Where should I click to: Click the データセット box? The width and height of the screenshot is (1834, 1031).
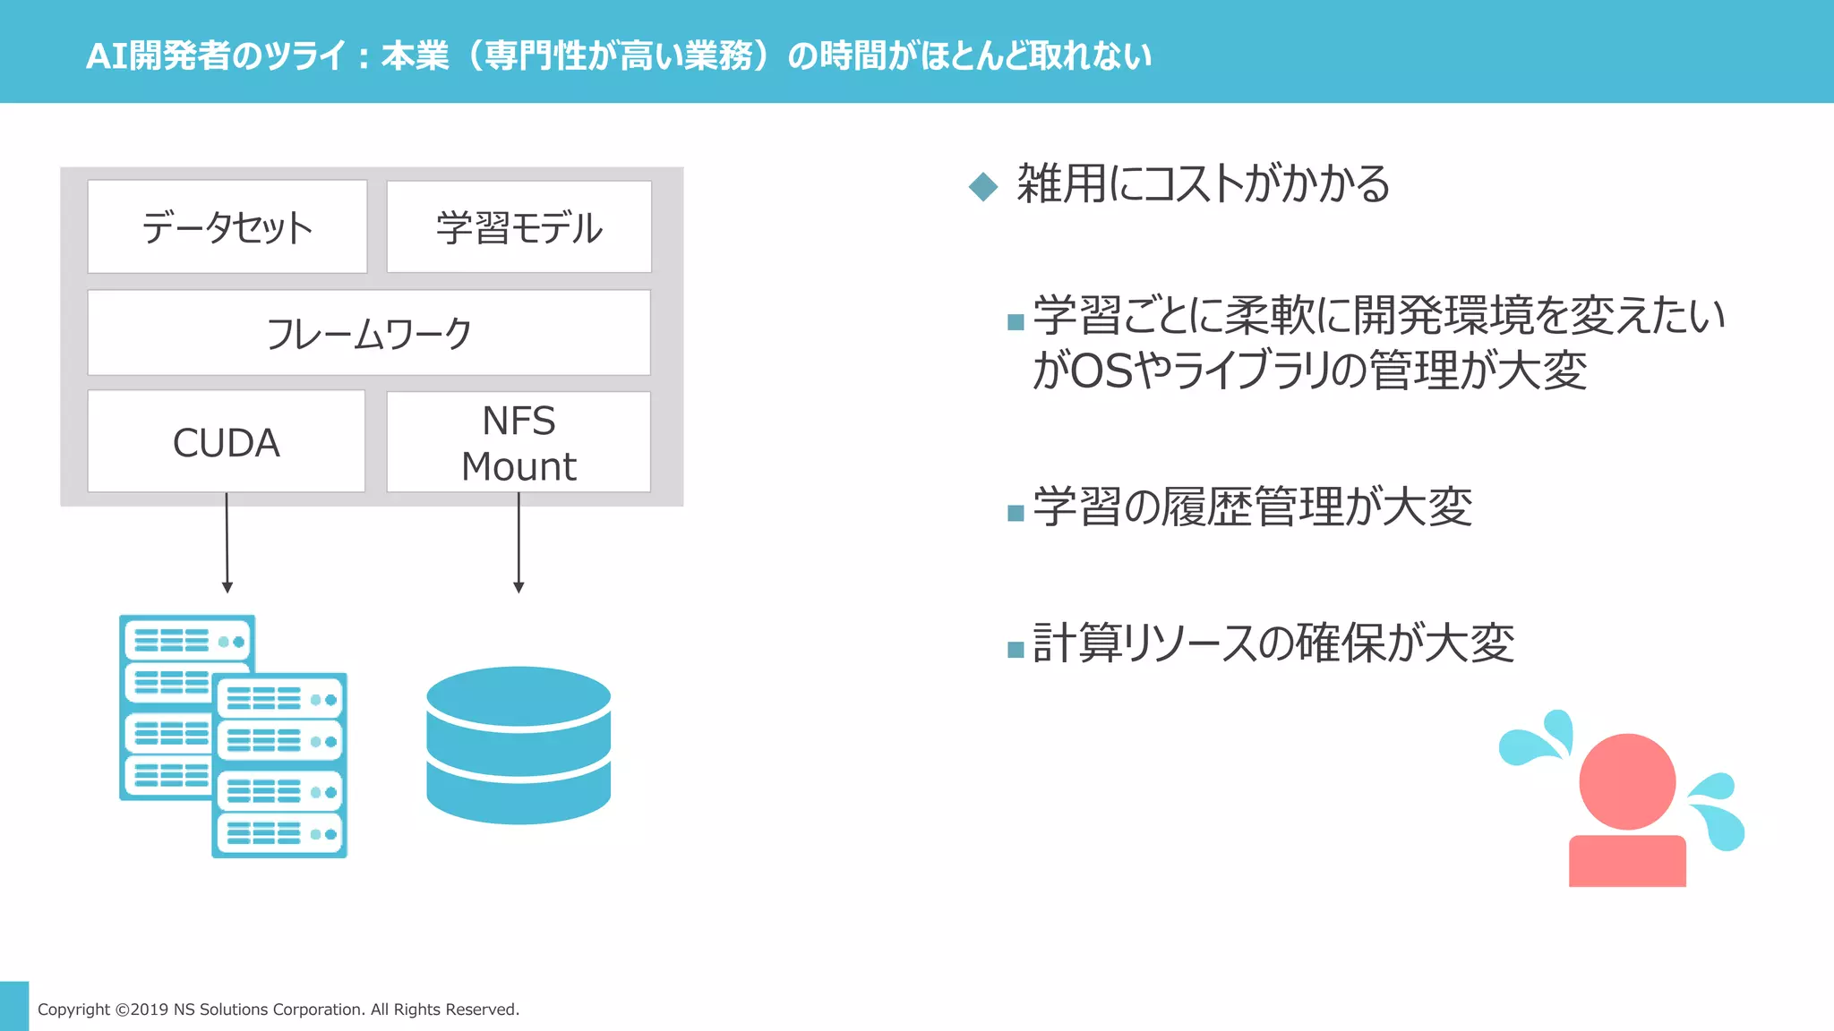tap(227, 227)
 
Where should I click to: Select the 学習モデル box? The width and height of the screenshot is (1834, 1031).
tap(519, 227)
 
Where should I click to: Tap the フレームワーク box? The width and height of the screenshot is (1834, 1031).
tap(369, 333)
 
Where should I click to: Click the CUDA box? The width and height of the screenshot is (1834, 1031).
tap(227, 442)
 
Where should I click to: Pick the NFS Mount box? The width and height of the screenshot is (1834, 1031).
tap(518, 442)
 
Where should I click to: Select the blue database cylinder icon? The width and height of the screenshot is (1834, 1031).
tap(518, 745)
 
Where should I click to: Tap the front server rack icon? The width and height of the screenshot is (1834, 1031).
tap(279, 766)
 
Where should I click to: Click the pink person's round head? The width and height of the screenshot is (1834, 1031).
tap(1627, 780)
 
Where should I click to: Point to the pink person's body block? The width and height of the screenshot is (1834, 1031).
tap(1627, 861)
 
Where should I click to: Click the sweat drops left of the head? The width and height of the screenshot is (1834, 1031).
tap(1538, 739)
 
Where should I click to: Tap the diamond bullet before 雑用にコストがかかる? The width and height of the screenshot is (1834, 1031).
tap(983, 186)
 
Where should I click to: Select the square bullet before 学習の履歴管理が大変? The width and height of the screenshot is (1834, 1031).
tap(1016, 513)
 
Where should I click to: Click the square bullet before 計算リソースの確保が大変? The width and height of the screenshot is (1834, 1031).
tap(1016, 649)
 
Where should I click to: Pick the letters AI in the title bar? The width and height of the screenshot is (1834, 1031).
tap(107, 56)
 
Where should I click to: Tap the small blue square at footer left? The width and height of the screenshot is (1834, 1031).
tap(14, 1006)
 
